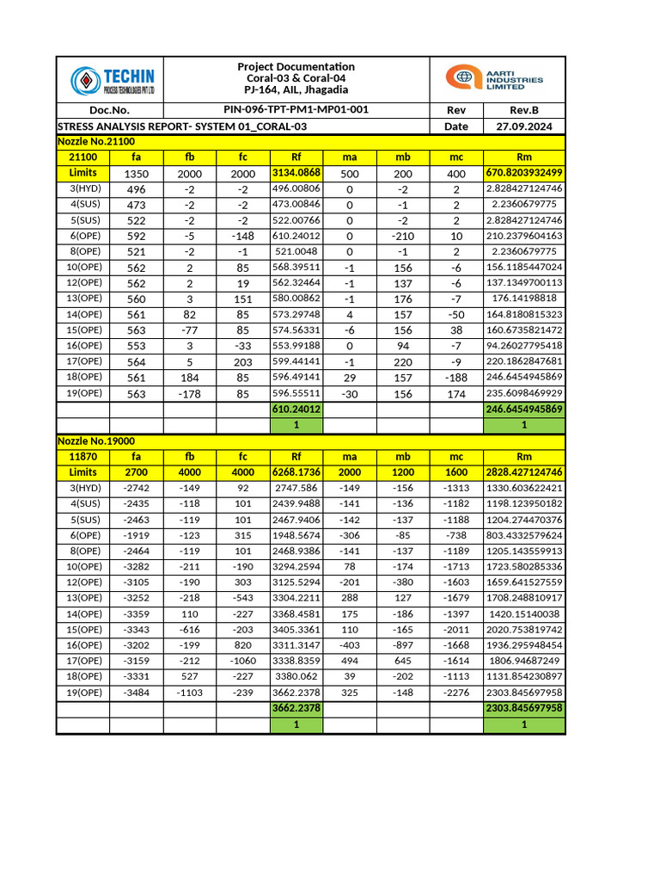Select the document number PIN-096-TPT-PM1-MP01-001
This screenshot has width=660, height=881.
click(296, 110)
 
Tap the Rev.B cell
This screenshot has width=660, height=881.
click(523, 110)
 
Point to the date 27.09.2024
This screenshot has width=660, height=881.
click(523, 126)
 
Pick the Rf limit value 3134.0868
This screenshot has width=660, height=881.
click(296, 173)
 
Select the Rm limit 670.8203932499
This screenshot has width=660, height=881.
click(524, 173)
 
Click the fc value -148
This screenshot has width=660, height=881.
click(242, 236)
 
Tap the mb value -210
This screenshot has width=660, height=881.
click(403, 236)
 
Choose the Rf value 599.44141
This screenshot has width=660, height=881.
click(296, 361)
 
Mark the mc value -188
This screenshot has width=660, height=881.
click(456, 377)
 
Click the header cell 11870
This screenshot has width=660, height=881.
click(83, 456)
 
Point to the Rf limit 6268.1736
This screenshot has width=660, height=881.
click(296, 472)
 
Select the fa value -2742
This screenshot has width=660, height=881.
click(136, 488)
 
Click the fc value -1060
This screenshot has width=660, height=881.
click(242, 661)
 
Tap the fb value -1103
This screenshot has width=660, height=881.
click(189, 692)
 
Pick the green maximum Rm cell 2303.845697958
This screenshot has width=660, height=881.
click(524, 708)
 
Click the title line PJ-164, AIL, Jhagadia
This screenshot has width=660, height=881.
click(296, 89)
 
